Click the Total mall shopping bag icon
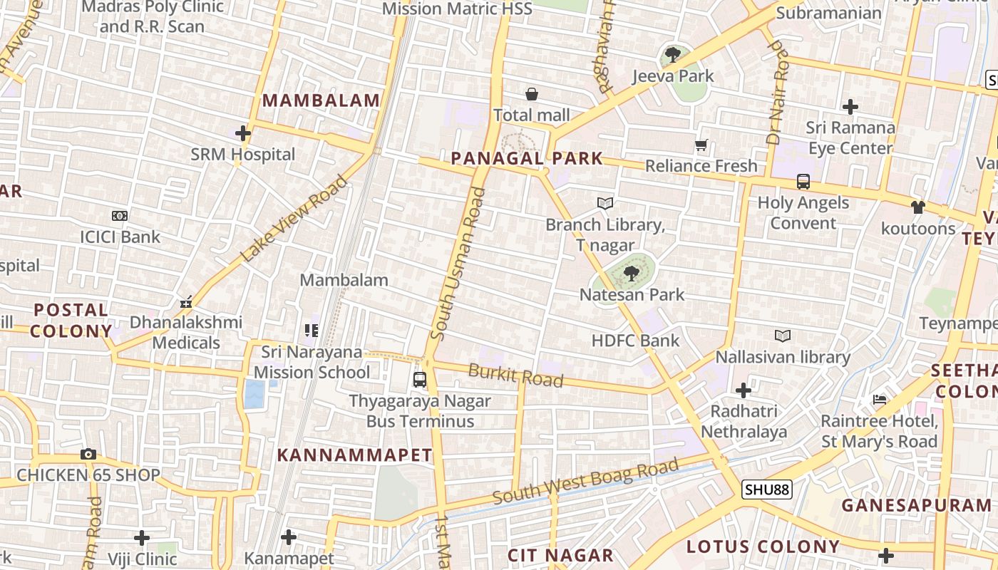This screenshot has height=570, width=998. point(532,94)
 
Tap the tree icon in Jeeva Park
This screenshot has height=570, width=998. point(672,55)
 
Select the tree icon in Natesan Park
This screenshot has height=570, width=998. point(632,273)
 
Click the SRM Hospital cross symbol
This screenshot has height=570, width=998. point(243,133)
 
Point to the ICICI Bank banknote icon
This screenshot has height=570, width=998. point(120,216)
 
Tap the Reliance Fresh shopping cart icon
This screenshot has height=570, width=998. point(701,145)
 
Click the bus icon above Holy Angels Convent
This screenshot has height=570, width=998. point(803,182)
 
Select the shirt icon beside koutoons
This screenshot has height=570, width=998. point(917,207)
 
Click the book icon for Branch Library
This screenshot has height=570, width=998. point(605,204)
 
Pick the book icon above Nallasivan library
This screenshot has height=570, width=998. point(783,336)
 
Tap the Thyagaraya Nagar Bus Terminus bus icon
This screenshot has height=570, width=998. point(420,380)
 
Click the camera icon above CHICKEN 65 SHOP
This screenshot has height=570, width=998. point(88,454)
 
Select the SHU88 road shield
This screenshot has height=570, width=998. point(766,489)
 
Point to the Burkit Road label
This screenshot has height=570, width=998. point(515,375)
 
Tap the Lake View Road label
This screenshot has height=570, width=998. point(294,218)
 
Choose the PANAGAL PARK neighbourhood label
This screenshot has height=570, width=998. point(527,158)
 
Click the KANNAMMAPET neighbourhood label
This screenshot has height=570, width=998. point(354,455)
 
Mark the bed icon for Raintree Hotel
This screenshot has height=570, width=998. point(880,400)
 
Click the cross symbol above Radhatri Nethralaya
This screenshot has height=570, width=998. point(744,390)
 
